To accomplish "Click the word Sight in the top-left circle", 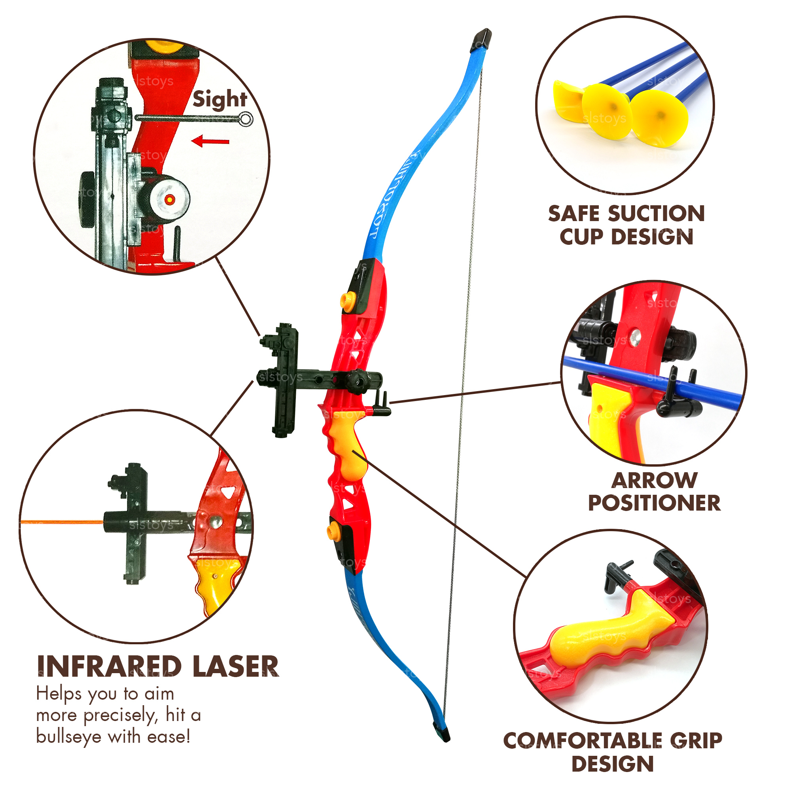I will pos(220,100).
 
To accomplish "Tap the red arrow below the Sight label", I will pos(210,142).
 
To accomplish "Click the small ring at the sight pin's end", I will pos(246,119).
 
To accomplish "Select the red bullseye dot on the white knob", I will pos(170,199).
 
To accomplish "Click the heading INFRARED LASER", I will pos(158,666).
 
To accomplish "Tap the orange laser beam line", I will pos(61,522).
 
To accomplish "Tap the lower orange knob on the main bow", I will pos(334,531).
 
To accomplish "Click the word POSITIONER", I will pos(654,503).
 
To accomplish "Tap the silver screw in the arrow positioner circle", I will pos(635,337).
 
